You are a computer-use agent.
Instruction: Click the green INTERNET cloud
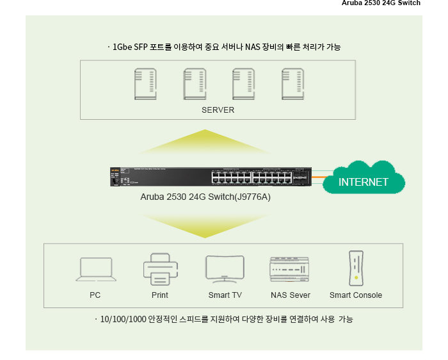pyautogui.click(x=364, y=179)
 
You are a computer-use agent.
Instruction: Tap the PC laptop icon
pyautogui.click(x=96, y=269)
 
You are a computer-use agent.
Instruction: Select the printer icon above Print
pyautogui.click(x=160, y=269)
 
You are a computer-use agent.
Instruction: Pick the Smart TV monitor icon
pyautogui.click(x=225, y=269)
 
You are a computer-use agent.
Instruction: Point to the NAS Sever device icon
pyautogui.click(x=290, y=269)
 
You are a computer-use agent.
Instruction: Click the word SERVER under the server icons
pyautogui.click(x=218, y=110)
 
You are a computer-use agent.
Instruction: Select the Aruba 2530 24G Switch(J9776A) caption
pyautogui.click(x=205, y=197)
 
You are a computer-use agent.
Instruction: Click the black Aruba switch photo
pyautogui.click(x=211, y=176)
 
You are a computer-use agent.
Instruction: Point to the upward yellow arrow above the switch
pyautogui.click(x=204, y=142)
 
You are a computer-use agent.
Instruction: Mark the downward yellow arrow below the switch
pyautogui.click(x=204, y=225)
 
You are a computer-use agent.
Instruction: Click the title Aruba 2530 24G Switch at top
pyautogui.click(x=381, y=3)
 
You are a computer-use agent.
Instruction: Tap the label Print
pyautogui.click(x=160, y=295)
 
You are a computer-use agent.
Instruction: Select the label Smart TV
pyautogui.click(x=225, y=295)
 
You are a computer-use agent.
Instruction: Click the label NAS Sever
pyautogui.click(x=291, y=295)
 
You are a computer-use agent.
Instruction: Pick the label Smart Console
pyautogui.click(x=356, y=295)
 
